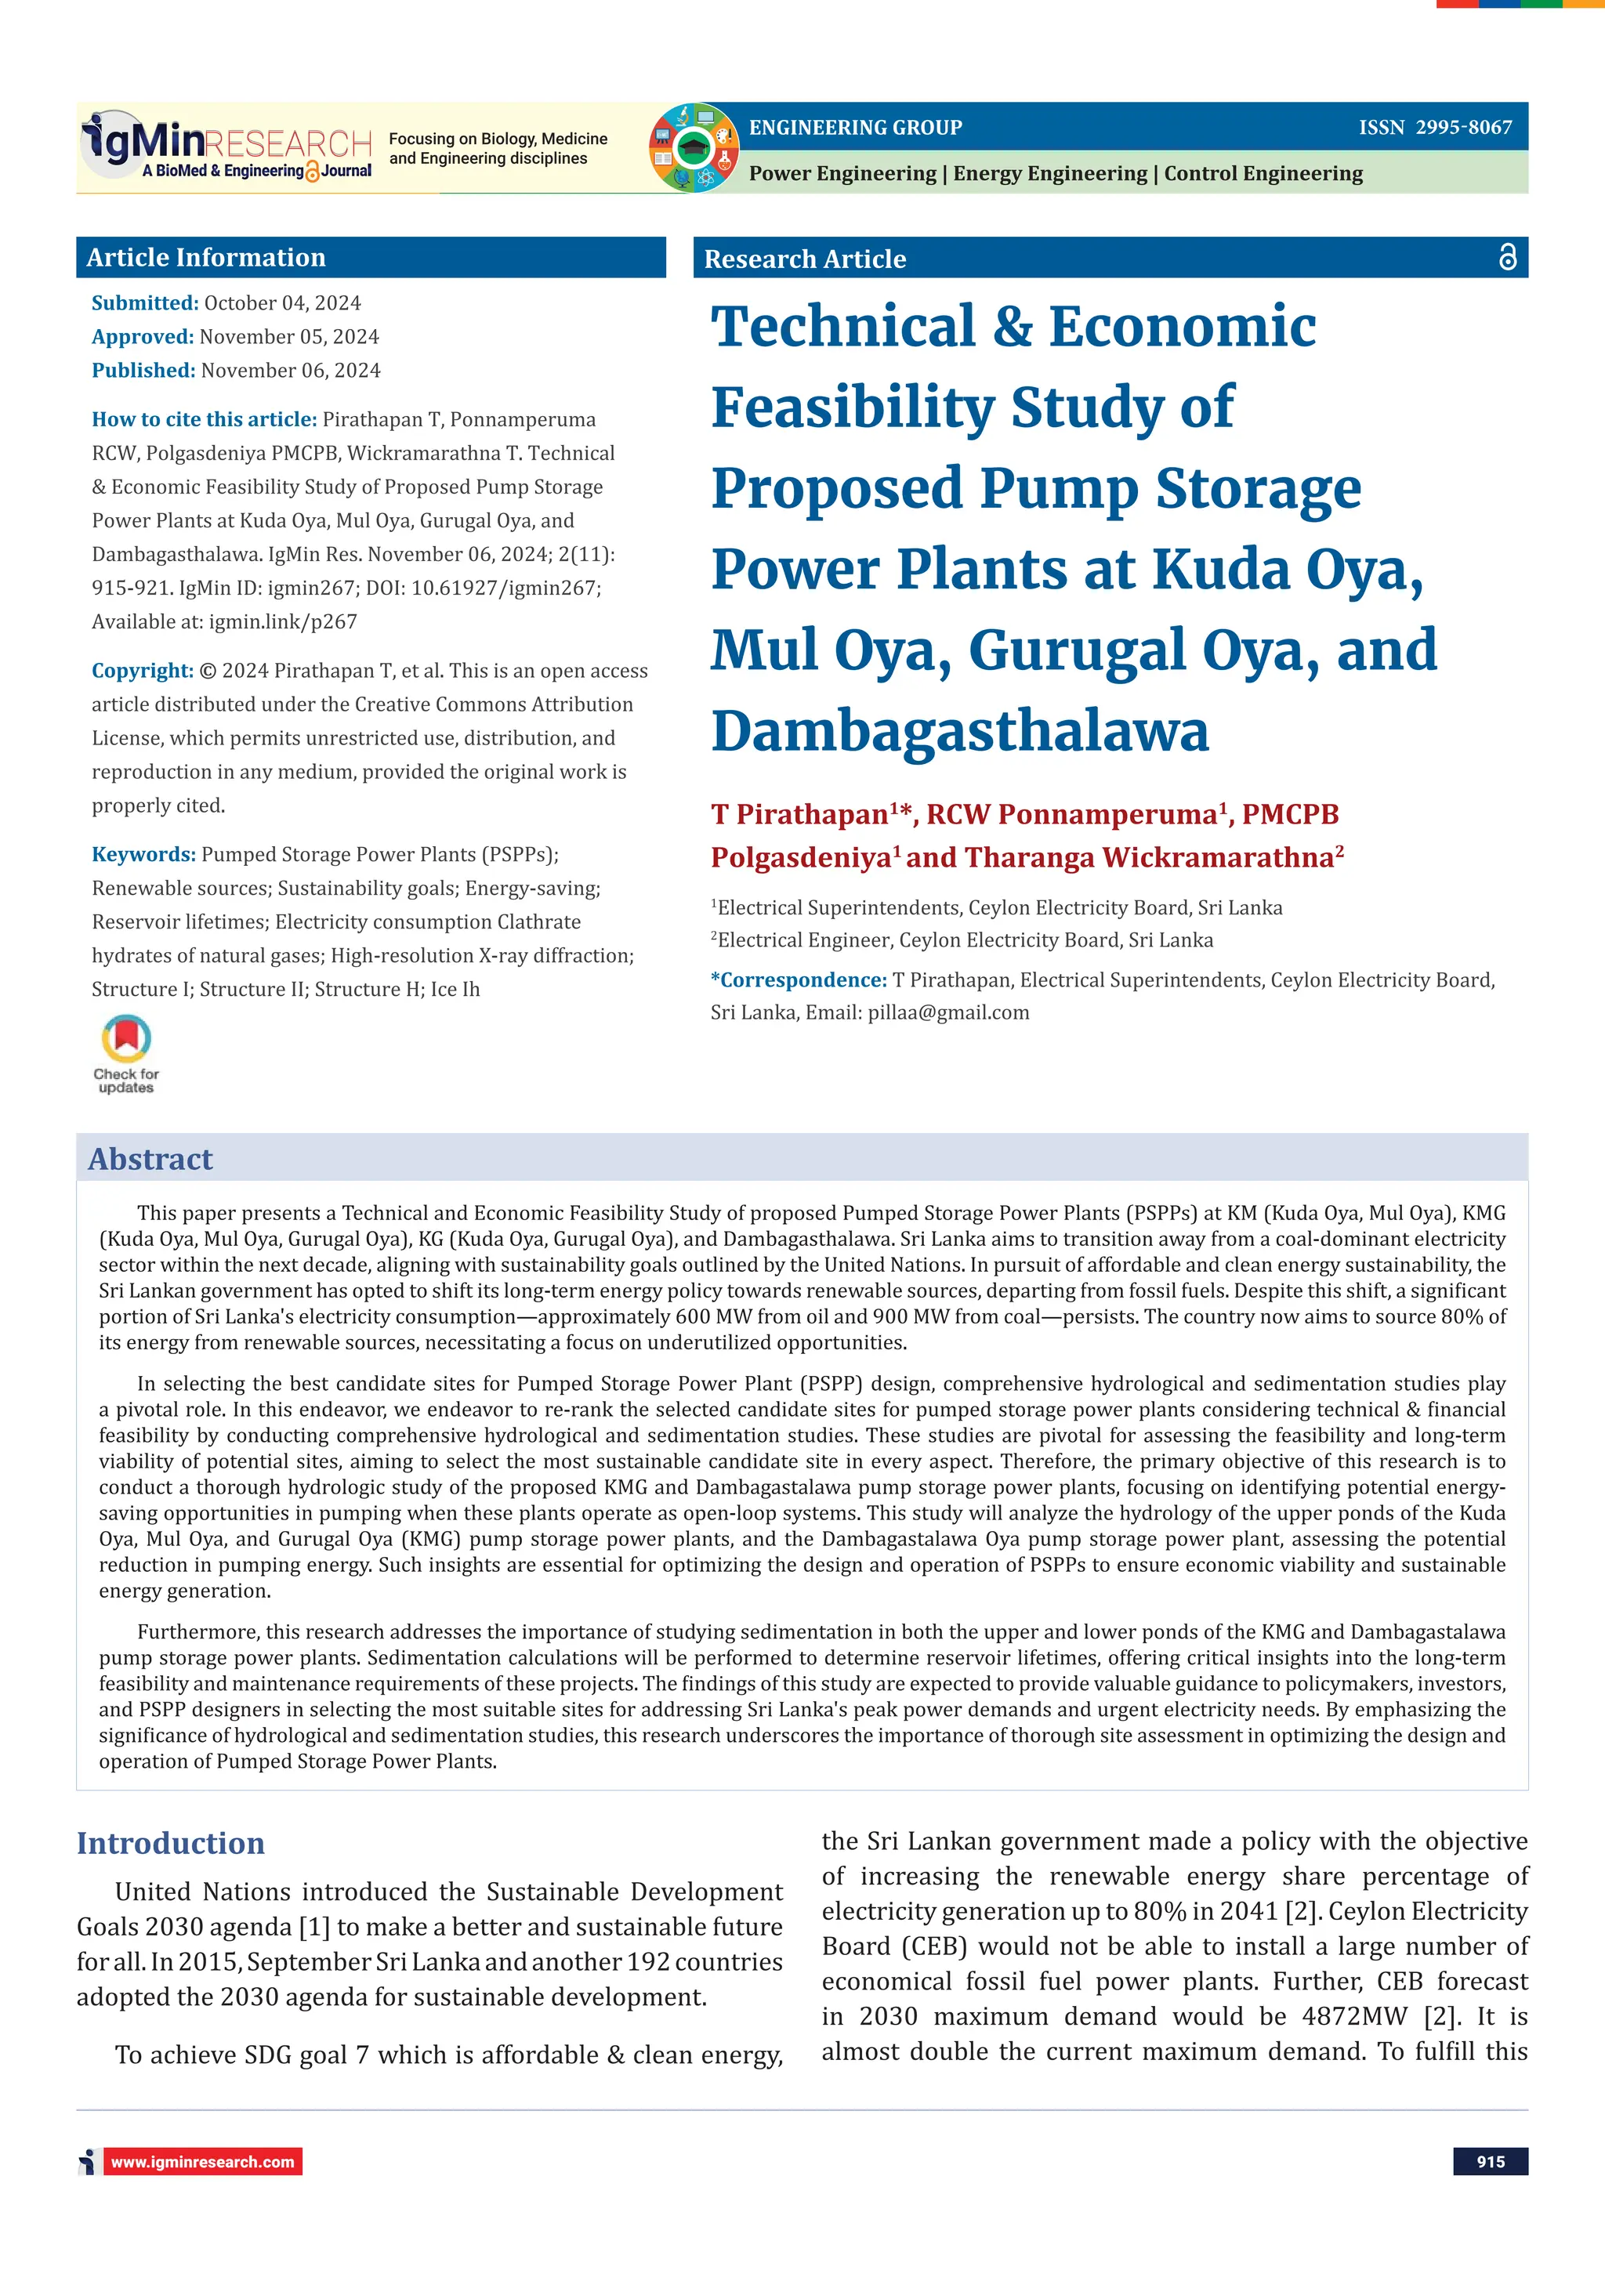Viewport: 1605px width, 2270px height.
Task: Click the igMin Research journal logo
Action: [226, 147]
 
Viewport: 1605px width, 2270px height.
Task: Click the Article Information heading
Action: [205, 258]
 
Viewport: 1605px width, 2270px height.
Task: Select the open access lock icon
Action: [1507, 257]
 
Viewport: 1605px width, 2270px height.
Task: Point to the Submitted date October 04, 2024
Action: [282, 303]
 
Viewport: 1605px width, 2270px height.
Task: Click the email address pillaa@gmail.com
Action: [948, 1012]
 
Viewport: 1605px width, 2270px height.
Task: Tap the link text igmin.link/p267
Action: [283, 622]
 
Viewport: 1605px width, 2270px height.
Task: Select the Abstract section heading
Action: [150, 1159]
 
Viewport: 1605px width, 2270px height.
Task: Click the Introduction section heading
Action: [171, 1843]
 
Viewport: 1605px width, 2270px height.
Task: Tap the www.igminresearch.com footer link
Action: [203, 2162]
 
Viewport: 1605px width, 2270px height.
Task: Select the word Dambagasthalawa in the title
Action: [959, 732]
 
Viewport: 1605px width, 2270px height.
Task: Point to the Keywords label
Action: [143, 854]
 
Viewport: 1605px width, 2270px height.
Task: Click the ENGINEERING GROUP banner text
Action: [856, 128]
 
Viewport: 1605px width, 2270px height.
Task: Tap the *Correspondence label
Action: [799, 979]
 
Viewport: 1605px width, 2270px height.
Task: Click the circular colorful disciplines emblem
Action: [694, 147]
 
